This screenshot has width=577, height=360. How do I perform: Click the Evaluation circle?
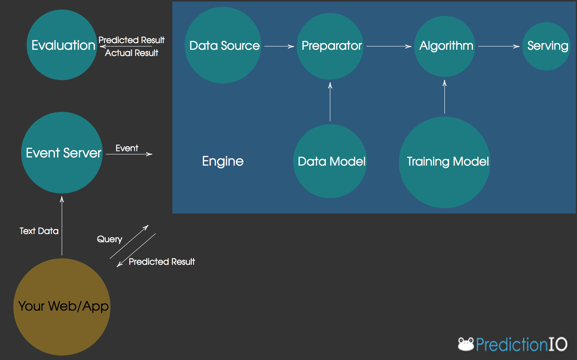[x=62, y=45]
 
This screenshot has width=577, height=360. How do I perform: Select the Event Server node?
[x=62, y=153]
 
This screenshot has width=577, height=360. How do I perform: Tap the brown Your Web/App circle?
[x=62, y=307]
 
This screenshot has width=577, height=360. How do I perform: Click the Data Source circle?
[x=223, y=45]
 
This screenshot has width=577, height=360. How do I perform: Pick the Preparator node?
[x=330, y=46]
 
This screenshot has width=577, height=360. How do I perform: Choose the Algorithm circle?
[x=445, y=46]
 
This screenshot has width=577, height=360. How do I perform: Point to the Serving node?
[x=547, y=46]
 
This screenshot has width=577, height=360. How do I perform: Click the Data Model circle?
[x=330, y=161]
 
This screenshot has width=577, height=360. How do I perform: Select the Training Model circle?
[x=445, y=162]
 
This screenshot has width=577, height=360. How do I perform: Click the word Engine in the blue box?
[x=223, y=161]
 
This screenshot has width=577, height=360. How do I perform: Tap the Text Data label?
[x=39, y=231]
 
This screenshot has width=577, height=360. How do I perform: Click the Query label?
[x=110, y=239]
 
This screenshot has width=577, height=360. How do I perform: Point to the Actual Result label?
[x=132, y=53]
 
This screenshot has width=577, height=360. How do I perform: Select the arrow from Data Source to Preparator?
[x=279, y=46]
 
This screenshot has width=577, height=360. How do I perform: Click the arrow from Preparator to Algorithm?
[x=389, y=46]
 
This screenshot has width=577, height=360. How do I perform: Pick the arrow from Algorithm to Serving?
[x=499, y=46]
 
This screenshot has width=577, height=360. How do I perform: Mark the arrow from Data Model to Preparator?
[x=330, y=102]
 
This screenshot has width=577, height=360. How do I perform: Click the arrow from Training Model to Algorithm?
[x=445, y=97]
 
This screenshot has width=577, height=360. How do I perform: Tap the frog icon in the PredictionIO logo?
[x=466, y=344]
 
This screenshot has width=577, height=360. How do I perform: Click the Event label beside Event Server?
[x=127, y=148]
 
